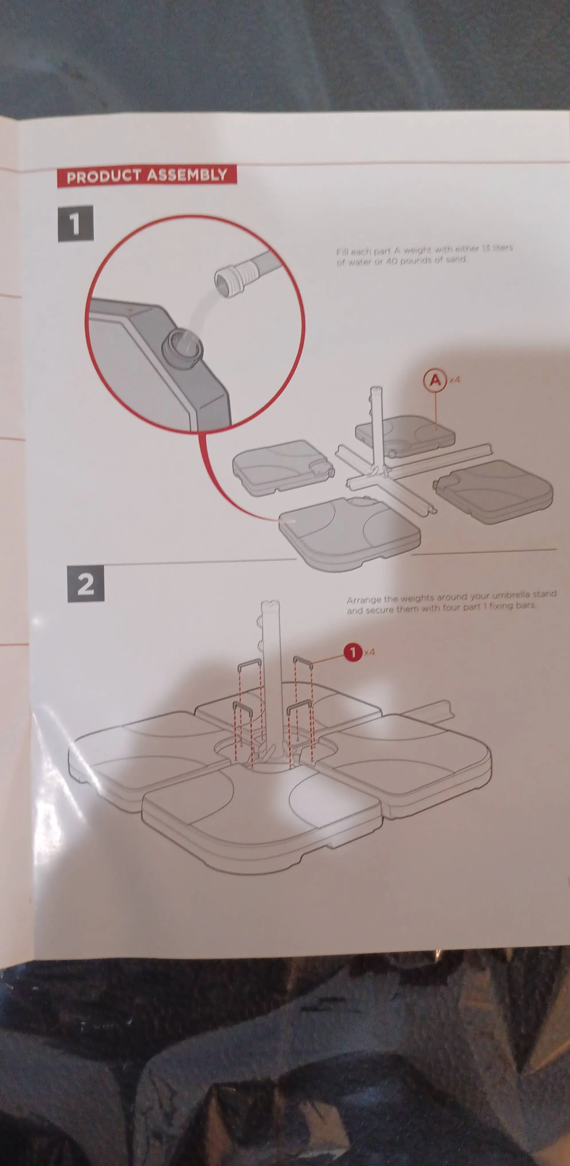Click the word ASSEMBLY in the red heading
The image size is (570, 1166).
[x=187, y=175]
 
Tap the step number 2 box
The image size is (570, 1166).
[x=85, y=584]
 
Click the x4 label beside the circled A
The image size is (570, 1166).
[x=454, y=379]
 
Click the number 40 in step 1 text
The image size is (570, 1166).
[x=391, y=262]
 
